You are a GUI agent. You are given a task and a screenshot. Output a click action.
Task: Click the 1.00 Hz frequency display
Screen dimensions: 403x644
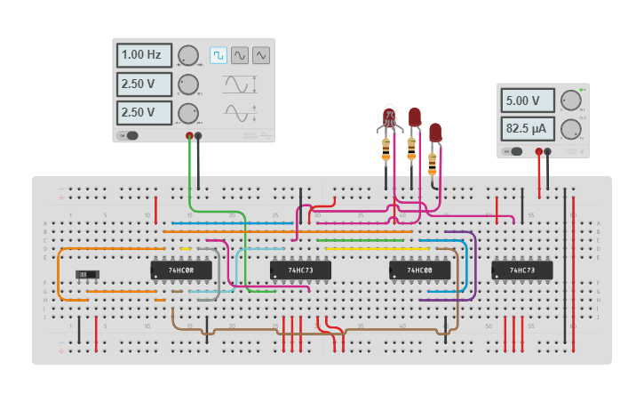coord(143,55)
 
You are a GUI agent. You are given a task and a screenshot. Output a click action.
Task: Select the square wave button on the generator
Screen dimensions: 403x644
coord(219,55)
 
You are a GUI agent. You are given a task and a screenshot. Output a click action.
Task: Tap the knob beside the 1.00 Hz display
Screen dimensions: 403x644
coord(187,55)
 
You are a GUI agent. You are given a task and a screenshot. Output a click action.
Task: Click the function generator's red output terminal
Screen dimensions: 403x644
coord(189,136)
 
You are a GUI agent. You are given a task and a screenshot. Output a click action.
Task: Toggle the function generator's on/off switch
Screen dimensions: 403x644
coord(130,136)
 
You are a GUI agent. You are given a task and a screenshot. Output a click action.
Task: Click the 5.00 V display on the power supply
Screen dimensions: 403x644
coord(528,101)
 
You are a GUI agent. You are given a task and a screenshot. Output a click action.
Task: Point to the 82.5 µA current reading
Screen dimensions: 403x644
coord(528,129)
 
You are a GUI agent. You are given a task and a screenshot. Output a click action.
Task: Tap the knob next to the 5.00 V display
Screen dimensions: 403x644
coord(570,101)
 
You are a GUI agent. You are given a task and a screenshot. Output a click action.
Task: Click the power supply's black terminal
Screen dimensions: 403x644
coord(548,152)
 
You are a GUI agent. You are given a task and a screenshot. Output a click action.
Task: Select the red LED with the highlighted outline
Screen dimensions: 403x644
coord(388,117)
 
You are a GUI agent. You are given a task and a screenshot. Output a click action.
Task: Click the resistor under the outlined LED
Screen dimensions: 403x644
coord(386,148)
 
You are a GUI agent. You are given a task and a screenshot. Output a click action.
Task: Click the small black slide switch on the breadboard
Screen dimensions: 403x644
coord(86,274)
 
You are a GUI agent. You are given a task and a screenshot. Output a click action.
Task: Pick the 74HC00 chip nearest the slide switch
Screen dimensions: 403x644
coord(181,269)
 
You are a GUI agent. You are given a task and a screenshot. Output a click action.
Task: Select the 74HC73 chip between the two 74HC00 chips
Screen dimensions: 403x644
coord(300,269)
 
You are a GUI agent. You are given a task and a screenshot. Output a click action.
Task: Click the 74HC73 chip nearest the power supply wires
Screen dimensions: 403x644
coord(522,269)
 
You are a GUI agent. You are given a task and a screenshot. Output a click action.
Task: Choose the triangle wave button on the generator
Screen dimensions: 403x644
coord(261,55)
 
